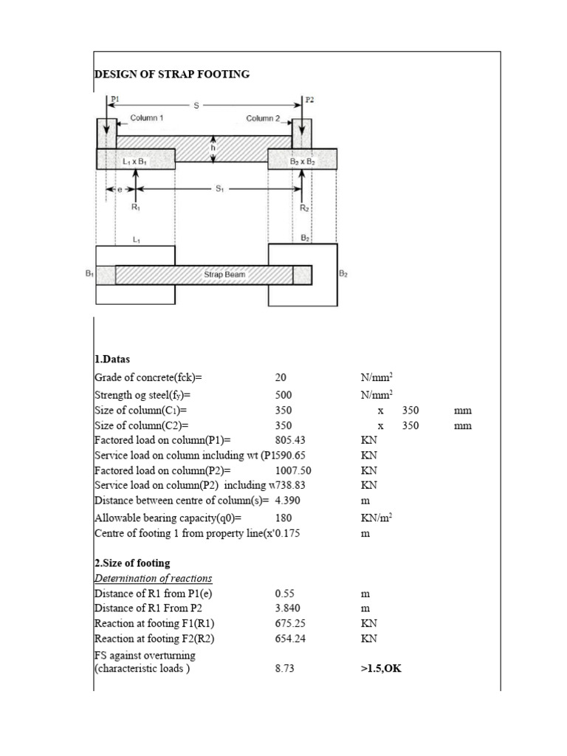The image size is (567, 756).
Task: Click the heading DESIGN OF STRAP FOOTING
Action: (171, 74)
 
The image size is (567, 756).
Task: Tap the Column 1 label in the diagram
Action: (147, 118)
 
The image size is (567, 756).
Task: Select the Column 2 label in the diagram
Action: (263, 118)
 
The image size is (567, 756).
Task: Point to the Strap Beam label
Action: (224, 274)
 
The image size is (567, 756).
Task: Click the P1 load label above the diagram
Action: (114, 98)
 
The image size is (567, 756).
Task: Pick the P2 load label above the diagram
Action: (309, 98)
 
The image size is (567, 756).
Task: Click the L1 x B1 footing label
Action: (135, 160)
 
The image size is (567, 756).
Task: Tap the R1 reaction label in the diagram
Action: (135, 207)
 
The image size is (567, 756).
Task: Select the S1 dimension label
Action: (219, 190)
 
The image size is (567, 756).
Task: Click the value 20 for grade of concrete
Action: (281, 377)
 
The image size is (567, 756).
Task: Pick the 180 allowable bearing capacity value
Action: (283, 518)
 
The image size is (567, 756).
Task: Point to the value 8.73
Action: (284, 669)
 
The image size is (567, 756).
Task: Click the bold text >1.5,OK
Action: (381, 669)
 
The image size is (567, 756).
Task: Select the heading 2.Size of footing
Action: (132, 563)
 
